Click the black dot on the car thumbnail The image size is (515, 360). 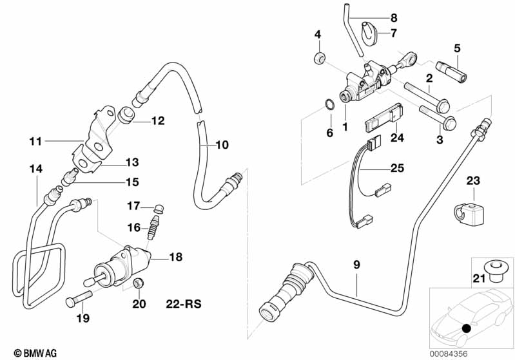click(x=467, y=329)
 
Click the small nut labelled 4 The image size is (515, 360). click(x=318, y=60)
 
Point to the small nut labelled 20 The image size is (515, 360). click(x=137, y=284)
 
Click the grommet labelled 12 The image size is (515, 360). click(x=127, y=116)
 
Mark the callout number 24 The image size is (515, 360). click(x=396, y=138)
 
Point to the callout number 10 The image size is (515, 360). click(x=221, y=145)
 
